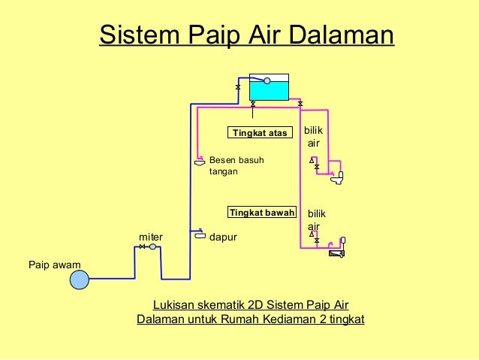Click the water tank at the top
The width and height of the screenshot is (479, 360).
tap(269, 89)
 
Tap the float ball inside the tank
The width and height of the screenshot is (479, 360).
tap(267, 80)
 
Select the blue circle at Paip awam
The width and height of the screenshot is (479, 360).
tap(79, 280)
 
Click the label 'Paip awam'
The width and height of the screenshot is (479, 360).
tap(54, 265)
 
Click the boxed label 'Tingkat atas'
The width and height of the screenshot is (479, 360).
tap(260, 133)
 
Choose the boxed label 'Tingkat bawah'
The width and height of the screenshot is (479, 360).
tap(262, 213)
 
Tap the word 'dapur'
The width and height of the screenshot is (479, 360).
tap(222, 237)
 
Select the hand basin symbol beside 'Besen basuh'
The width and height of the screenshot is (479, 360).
tap(200, 162)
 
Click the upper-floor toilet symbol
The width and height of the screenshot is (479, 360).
tap(338, 178)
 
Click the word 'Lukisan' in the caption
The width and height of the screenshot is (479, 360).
tap(173, 304)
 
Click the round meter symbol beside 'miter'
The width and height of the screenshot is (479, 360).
tap(152, 247)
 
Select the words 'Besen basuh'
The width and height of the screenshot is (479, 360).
tap(236, 160)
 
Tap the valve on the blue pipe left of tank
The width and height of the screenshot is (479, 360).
tap(238, 89)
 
